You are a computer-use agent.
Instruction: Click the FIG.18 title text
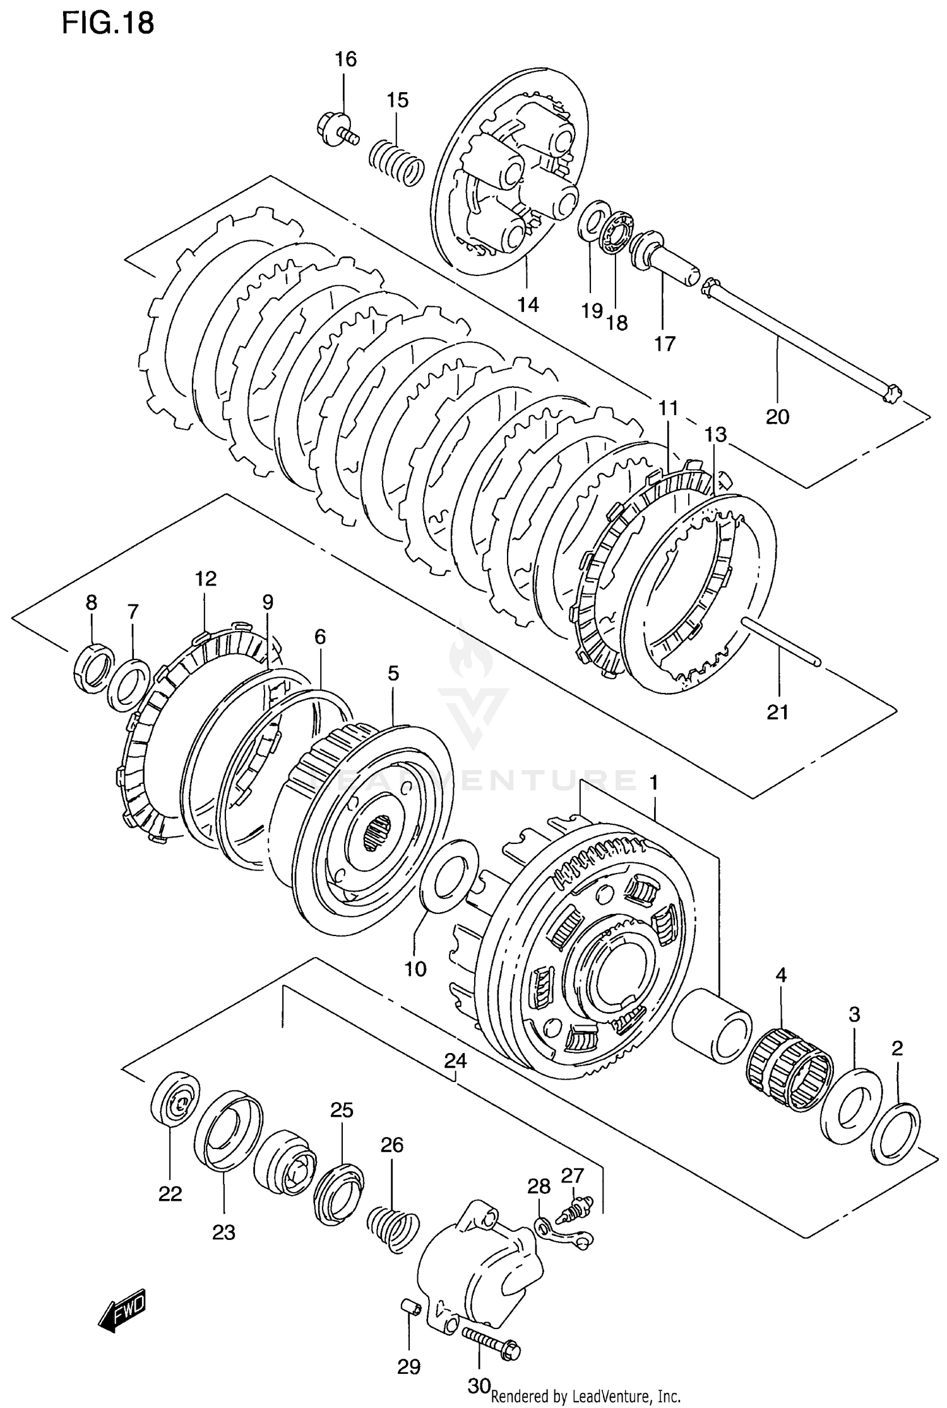[x=108, y=23]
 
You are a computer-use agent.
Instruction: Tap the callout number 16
[x=345, y=59]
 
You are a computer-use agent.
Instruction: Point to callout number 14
[x=528, y=304]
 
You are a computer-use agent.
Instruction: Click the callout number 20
[x=778, y=417]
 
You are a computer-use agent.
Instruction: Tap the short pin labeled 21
[x=782, y=641]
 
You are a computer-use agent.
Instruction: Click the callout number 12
[x=206, y=579]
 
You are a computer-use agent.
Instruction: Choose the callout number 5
[x=393, y=673]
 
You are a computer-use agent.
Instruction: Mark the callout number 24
[x=455, y=1061]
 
